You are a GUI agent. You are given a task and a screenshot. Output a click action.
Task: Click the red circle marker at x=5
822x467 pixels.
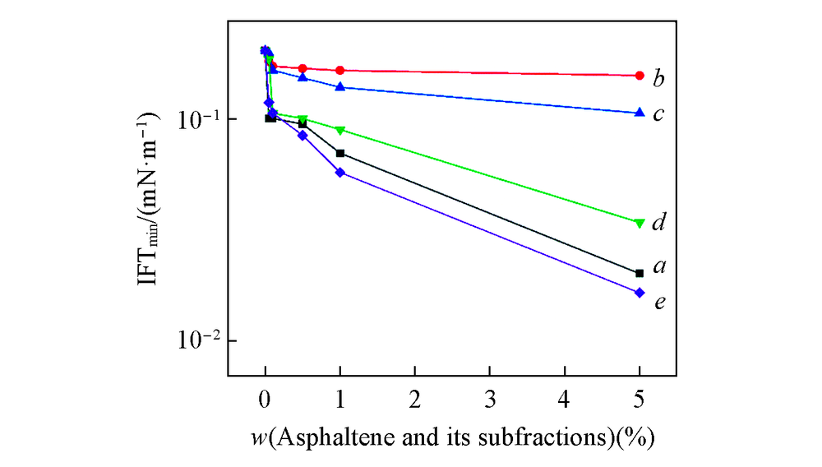coord(640,76)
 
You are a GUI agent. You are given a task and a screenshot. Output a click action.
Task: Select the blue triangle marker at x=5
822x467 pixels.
coord(640,112)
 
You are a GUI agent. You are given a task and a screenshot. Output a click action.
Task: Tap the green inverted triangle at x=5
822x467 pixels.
coord(640,223)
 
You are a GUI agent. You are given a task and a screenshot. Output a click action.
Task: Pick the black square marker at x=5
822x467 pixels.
coord(640,273)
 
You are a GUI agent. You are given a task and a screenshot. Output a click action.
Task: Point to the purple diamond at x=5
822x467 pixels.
coord(640,293)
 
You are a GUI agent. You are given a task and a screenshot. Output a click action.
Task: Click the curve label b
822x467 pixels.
coord(658,79)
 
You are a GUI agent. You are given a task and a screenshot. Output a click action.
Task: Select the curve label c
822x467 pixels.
coord(658,114)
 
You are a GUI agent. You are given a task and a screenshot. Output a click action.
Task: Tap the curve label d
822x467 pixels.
coord(658,223)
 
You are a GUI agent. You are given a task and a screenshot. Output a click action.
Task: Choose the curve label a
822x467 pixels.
coord(659,266)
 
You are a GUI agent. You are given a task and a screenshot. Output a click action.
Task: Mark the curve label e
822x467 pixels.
coord(659,303)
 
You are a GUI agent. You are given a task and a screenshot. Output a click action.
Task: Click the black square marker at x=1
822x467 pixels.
coord(339,153)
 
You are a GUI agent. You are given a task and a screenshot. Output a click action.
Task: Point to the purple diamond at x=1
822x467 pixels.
coord(339,173)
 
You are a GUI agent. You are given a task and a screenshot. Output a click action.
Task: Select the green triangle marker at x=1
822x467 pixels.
coord(339,131)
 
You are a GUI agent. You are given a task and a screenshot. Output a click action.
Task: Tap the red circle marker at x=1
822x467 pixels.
coord(339,71)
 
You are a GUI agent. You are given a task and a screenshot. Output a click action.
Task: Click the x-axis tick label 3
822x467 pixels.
coord(490,396)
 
